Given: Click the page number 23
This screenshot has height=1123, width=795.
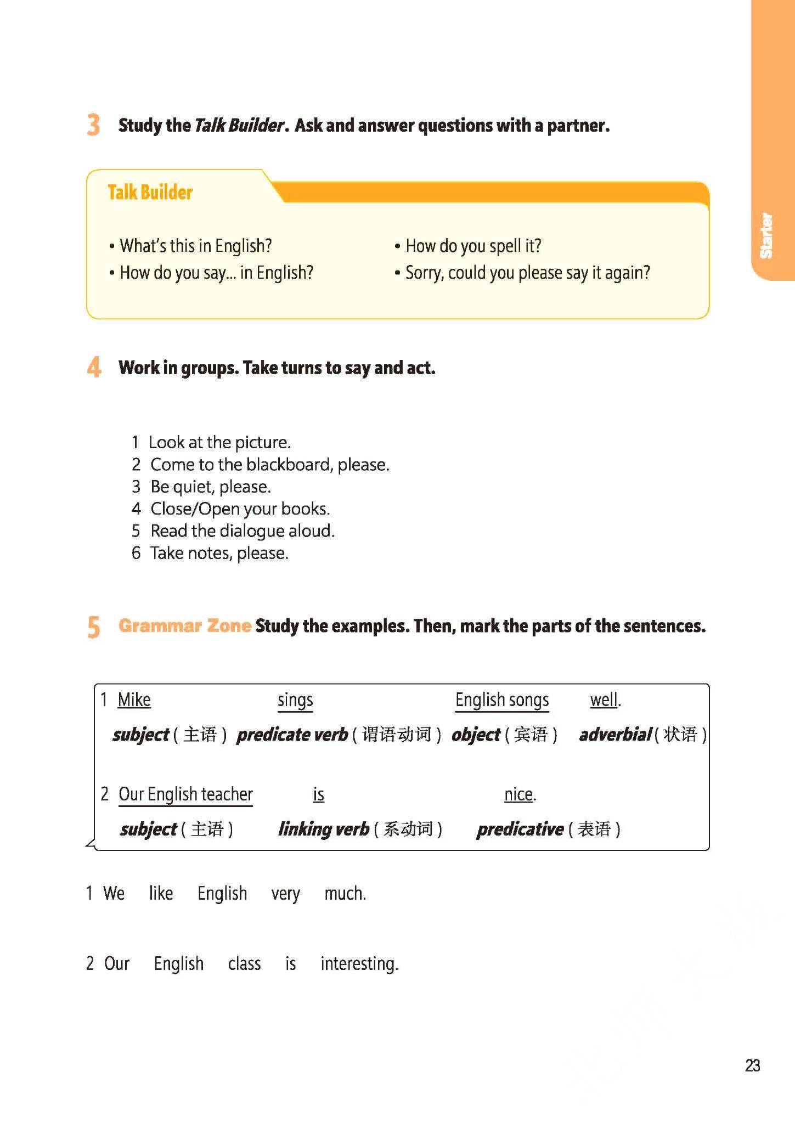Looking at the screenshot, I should [x=752, y=1065].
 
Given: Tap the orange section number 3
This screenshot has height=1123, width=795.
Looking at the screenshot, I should [x=93, y=125].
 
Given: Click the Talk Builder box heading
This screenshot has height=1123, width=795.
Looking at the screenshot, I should [x=150, y=193].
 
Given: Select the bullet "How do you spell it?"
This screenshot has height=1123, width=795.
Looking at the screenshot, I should [x=473, y=246].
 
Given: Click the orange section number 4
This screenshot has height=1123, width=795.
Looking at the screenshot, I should [x=94, y=367].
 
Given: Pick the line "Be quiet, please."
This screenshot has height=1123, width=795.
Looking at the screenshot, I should [x=210, y=487].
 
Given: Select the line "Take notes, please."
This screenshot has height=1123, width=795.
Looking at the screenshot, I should [x=219, y=553].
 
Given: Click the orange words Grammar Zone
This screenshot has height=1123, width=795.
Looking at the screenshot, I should [x=185, y=625].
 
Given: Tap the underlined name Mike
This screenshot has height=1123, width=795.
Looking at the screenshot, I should [x=134, y=700].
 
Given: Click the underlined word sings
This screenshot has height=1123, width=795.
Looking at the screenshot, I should [x=295, y=701].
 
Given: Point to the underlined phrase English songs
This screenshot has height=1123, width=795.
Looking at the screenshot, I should [x=502, y=700].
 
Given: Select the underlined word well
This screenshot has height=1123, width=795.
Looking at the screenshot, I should [x=604, y=700].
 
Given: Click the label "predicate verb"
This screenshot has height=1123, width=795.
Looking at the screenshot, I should [x=292, y=735].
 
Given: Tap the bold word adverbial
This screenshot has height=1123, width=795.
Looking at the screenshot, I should [x=615, y=735].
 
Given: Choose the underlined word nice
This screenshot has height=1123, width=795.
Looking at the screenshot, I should [x=518, y=794].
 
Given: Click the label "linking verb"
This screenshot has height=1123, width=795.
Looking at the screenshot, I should [x=324, y=829].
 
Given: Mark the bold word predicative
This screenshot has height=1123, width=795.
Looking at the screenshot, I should [x=520, y=829].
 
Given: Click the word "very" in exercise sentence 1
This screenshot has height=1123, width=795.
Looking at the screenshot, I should [x=285, y=894].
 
